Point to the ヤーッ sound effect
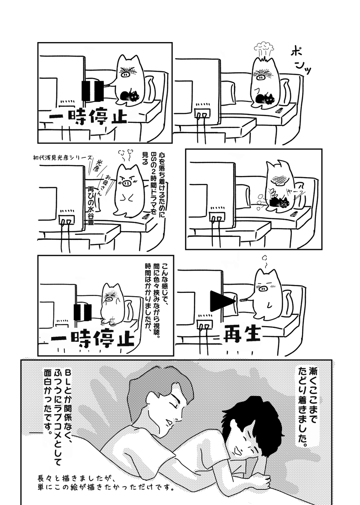click(x=295, y=191)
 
